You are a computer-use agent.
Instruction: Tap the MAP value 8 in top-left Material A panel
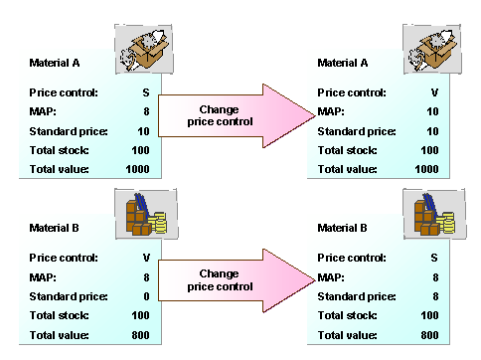point(145,111)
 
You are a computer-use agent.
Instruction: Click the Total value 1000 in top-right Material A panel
point(426,169)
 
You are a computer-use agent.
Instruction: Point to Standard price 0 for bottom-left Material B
point(145,295)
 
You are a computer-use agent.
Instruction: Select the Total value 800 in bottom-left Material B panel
point(140,334)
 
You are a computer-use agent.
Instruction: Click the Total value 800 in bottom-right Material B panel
point(428,334)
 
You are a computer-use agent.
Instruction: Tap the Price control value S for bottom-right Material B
point(433,257)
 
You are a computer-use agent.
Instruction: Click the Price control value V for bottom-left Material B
point(145,257)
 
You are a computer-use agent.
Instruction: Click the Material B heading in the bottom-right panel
point(341,228)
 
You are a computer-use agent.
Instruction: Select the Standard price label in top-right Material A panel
point(356,130)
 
